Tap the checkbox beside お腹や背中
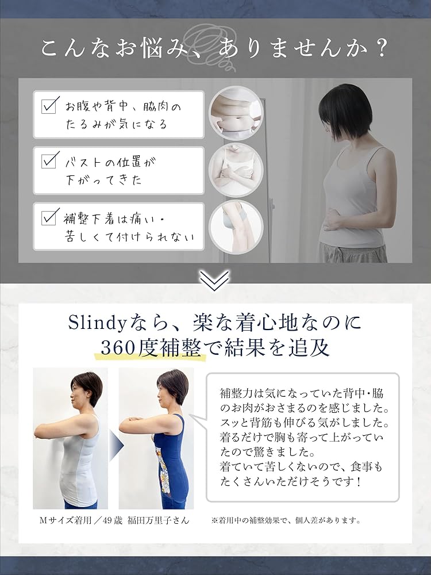click(51, 106)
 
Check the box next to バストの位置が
click(51, 162)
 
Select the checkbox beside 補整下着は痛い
click(51, 217)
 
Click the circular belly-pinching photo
click(236, 113)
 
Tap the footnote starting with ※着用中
click(286, 520)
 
